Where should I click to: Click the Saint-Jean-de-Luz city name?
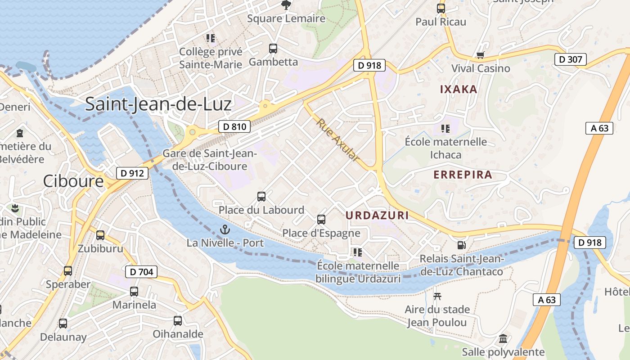pyautogui.click(x=158, y=104)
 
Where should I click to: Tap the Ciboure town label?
pyautogui.click(x=73, y=181)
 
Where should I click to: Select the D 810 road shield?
pyautogui.click(x=234, y=126)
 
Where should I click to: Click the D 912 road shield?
pyautogui.click(x=132, y=173)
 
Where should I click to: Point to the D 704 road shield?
pyautogui.click(x=141, y=271)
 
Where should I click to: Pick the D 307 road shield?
pyautogui.click(x=570, y=59)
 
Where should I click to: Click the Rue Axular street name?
pyautogui.click(x=338, y=140)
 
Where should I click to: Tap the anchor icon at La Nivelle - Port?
pyautogui.click(x=225, y=230)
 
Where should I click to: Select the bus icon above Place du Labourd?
pyautogui.click(x=261, y=197)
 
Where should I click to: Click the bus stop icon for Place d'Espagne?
pyautogui.click(x=321, y=220)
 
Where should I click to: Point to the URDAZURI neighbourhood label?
pyautogui.click(x=377, y=216)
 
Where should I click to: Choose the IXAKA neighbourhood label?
pyautogui.click(x=459, y=89)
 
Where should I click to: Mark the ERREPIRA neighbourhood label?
pyautogui.click(x=463, y=175)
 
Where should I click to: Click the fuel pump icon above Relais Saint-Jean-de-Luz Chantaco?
pyautogui.click(x=461, y=245)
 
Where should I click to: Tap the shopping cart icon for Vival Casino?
pyautogui.click(x=481, y=55)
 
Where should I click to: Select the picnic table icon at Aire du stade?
pyautogui.click(x=437, y=296)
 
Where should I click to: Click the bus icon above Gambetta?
pyautogui.click(x=273, y=49)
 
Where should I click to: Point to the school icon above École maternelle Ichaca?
pyautogui.click(x=445, y=129)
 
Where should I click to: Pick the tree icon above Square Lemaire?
pyautogui.click(x=286, y=5)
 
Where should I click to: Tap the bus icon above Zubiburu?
pyautogui.click(x=100, y=235)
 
